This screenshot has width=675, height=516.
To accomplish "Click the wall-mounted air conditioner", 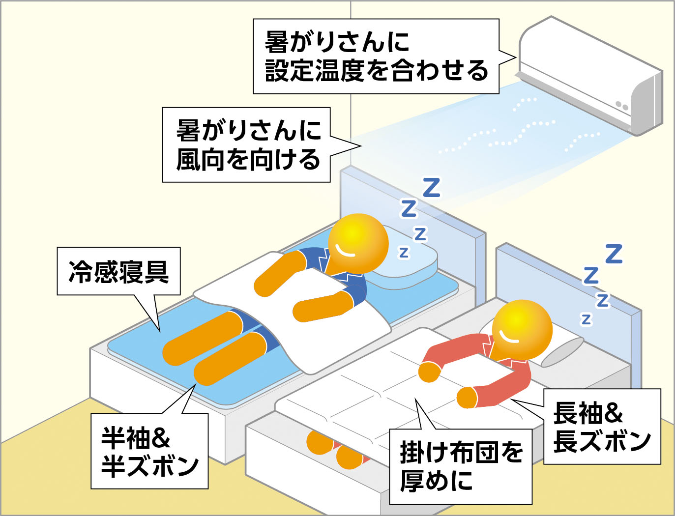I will [590, 74].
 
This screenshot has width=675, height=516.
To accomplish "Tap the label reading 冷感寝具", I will [118, 271].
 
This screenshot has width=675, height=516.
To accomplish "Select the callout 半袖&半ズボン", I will [149, 451].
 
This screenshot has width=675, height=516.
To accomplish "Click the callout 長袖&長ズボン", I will [602, 427].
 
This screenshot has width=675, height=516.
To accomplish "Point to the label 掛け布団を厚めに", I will [460, 466].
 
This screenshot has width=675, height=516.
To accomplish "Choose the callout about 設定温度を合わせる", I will [376, 56].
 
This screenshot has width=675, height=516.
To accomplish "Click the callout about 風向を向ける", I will [246, 145].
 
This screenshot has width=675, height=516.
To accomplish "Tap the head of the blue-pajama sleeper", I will [358, 243].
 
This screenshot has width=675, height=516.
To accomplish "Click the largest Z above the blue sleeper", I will [432, 188].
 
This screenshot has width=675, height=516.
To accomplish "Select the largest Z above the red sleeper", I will [614, 254].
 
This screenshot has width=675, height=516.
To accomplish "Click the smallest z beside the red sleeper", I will [586, 319].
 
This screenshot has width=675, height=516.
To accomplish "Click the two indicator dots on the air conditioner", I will [622, 106].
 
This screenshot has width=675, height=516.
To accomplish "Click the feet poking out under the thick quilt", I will [334, 450].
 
